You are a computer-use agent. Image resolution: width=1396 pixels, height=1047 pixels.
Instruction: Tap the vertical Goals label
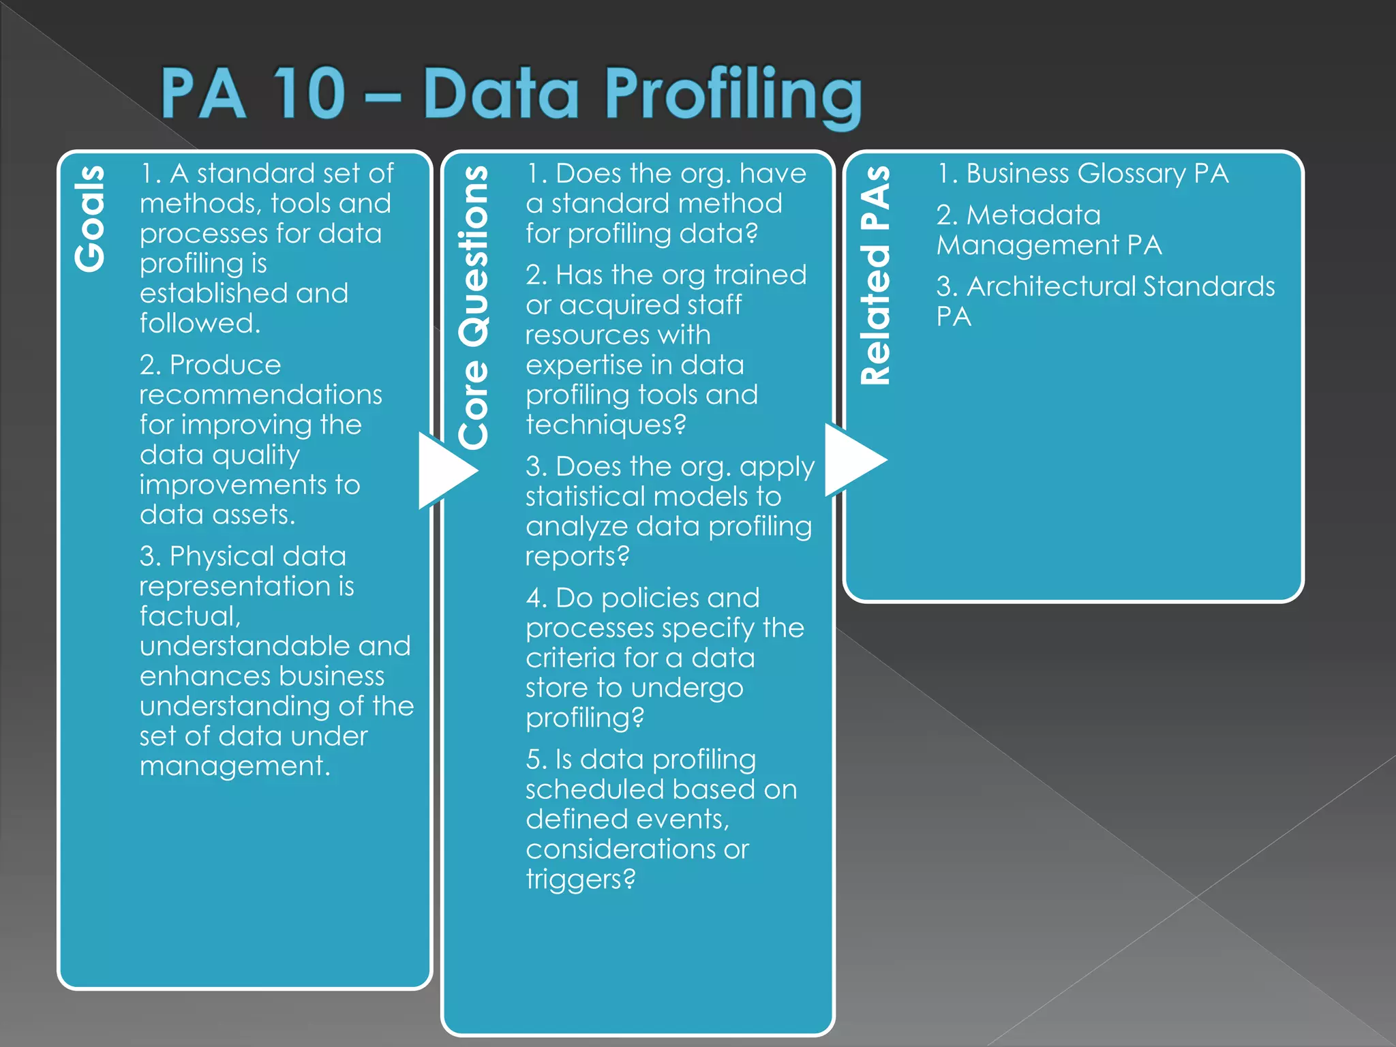[90, 219]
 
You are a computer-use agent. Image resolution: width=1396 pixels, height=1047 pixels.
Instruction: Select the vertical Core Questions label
[473, 307]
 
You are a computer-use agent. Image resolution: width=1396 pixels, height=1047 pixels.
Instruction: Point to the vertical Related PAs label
[875, 275]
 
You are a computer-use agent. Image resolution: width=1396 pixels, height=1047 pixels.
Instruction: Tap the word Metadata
[1033, 215]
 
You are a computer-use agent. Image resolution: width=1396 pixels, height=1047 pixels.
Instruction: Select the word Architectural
[1051, 287]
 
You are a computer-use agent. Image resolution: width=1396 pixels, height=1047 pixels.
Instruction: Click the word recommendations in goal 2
[260, 395]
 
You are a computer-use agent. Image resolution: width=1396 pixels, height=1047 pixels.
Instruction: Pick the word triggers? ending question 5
[580, 879]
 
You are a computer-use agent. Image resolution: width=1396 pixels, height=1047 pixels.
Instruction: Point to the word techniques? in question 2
[605, 425]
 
